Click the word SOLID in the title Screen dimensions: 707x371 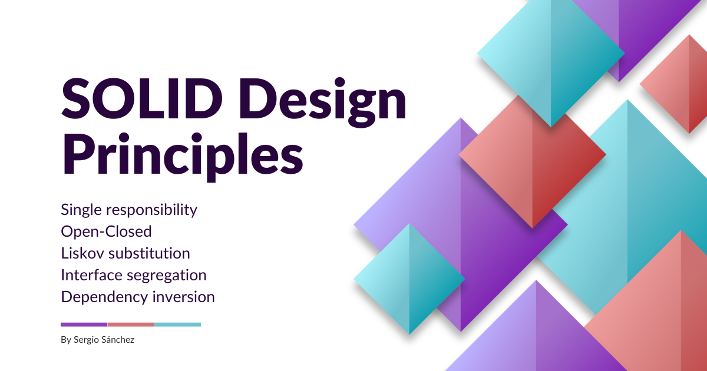(x=142, y=99)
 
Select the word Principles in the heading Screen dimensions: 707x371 (x=182, y=157)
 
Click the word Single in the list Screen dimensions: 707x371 (x=81, y=211)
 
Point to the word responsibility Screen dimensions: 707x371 (x=151, y=211)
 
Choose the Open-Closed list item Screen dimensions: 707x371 (x=106, y=232)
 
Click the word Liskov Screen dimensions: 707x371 (x=82, y=253)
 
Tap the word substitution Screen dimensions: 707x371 (x=149, y=253)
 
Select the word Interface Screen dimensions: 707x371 (x=91, y=275)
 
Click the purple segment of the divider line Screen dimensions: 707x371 (x=84, y=324)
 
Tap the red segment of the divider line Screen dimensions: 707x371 (x=131, y=324)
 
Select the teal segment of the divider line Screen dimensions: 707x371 (x=177, y=324)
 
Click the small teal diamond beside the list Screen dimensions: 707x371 (x=409, y=279)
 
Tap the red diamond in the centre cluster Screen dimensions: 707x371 (x=532, y=161)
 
